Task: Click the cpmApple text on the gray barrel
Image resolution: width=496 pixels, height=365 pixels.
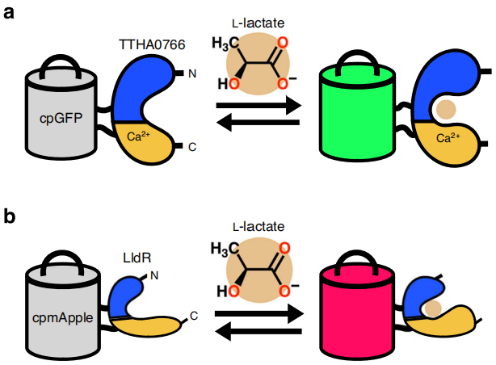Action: [60, 317]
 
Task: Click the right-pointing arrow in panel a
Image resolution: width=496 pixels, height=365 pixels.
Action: [258, 104]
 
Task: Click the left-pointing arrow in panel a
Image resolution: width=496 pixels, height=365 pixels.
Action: [258, 123]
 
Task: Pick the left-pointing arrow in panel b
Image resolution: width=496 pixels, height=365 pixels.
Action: [258, 329]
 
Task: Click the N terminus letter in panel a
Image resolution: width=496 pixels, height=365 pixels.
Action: [191, 74]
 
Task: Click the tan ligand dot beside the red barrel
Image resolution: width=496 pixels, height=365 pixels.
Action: [434, 308]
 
